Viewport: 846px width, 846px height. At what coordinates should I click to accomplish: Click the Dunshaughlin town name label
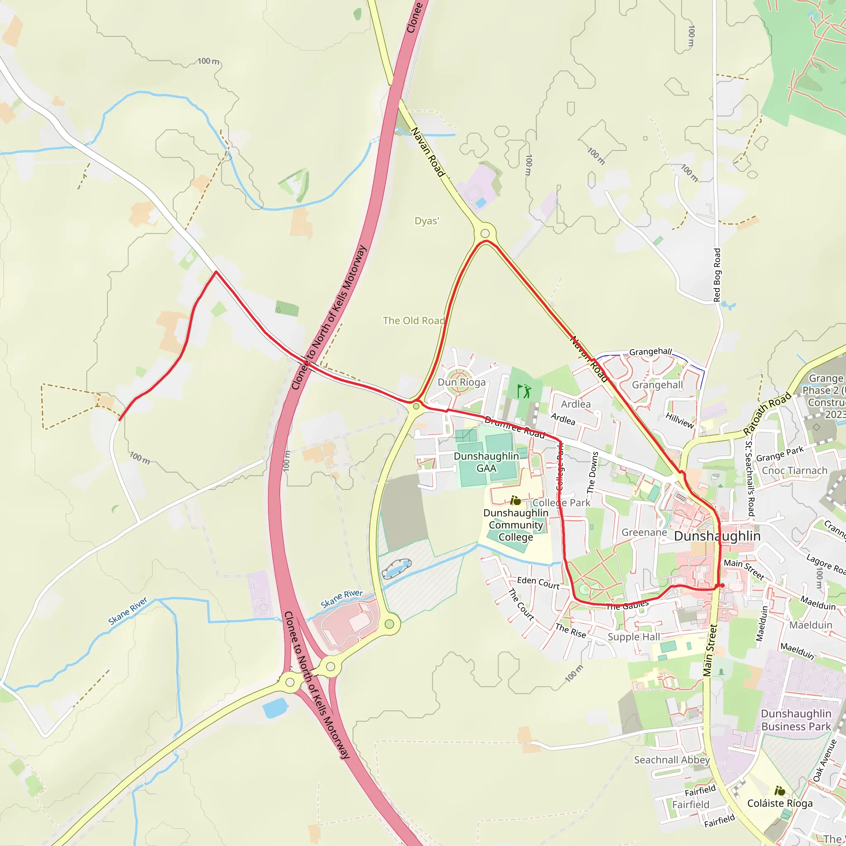[x=717, y=536]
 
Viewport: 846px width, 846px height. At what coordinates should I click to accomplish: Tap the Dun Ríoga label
[x=461, y=382]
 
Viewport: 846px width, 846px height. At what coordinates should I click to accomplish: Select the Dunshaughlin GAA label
[x=486, y=462]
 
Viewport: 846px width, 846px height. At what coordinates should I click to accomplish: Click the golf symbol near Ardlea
[x=524, y=391]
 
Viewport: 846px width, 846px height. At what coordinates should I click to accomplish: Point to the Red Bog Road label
[x=717, y=275]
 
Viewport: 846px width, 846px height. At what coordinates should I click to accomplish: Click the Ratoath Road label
[x=767, y=413]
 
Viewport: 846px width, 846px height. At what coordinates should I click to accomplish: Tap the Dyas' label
[x=426, y=221]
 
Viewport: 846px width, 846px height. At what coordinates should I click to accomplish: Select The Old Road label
[x=413, y=321]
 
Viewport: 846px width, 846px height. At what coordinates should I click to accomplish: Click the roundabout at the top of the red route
[x=485, y=233]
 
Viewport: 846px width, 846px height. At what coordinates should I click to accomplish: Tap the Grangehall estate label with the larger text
[x=657, y=385]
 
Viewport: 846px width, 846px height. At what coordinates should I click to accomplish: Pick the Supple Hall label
[x=634, y=637]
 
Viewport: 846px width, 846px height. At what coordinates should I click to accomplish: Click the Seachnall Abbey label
[x=672, y=760]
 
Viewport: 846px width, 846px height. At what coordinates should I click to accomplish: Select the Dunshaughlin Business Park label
[x=796, y=720]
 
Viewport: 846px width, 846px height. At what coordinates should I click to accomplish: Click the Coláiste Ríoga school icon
[x=779, y=791]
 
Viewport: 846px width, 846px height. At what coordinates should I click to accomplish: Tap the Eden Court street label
[x=538, y=583]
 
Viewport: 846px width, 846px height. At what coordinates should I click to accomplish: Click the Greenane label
[x=644, y=532]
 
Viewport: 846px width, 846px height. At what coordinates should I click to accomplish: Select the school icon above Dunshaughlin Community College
[x=516, y=500]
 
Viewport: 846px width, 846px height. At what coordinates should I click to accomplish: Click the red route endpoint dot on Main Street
[x=722, y=585]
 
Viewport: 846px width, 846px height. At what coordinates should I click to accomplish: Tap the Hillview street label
[x=680, y=421]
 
